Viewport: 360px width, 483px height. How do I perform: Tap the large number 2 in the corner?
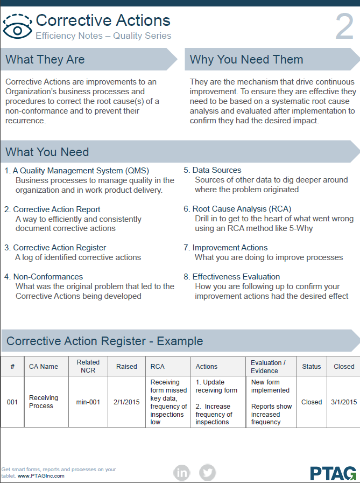(344, 27)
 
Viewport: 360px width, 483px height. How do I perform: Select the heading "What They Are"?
(45, 60)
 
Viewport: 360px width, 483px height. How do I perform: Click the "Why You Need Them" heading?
(246, 60)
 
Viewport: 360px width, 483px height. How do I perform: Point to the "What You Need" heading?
(47, 152)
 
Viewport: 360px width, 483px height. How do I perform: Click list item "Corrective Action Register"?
(59, 248)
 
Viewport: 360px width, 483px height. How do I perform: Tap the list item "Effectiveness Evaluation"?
(236, 277)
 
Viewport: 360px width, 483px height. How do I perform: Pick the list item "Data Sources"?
(217, 170)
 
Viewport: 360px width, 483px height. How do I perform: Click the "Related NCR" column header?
(88, 366)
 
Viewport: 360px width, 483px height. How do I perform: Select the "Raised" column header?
(126, 366)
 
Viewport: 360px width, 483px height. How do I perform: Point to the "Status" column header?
(312, 366)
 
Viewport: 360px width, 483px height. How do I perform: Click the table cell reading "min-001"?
(88, 402)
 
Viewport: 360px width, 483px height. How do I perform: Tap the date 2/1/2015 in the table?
(126, 402)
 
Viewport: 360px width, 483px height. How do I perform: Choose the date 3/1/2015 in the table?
(344, 402)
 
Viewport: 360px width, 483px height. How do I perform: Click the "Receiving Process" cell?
(44, 402)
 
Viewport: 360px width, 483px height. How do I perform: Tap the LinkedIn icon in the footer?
(182, 473)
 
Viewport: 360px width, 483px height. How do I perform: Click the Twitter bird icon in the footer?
(207, 473)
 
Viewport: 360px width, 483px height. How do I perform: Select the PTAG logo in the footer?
(333, 473)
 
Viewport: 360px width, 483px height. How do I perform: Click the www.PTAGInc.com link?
(41, 476)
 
